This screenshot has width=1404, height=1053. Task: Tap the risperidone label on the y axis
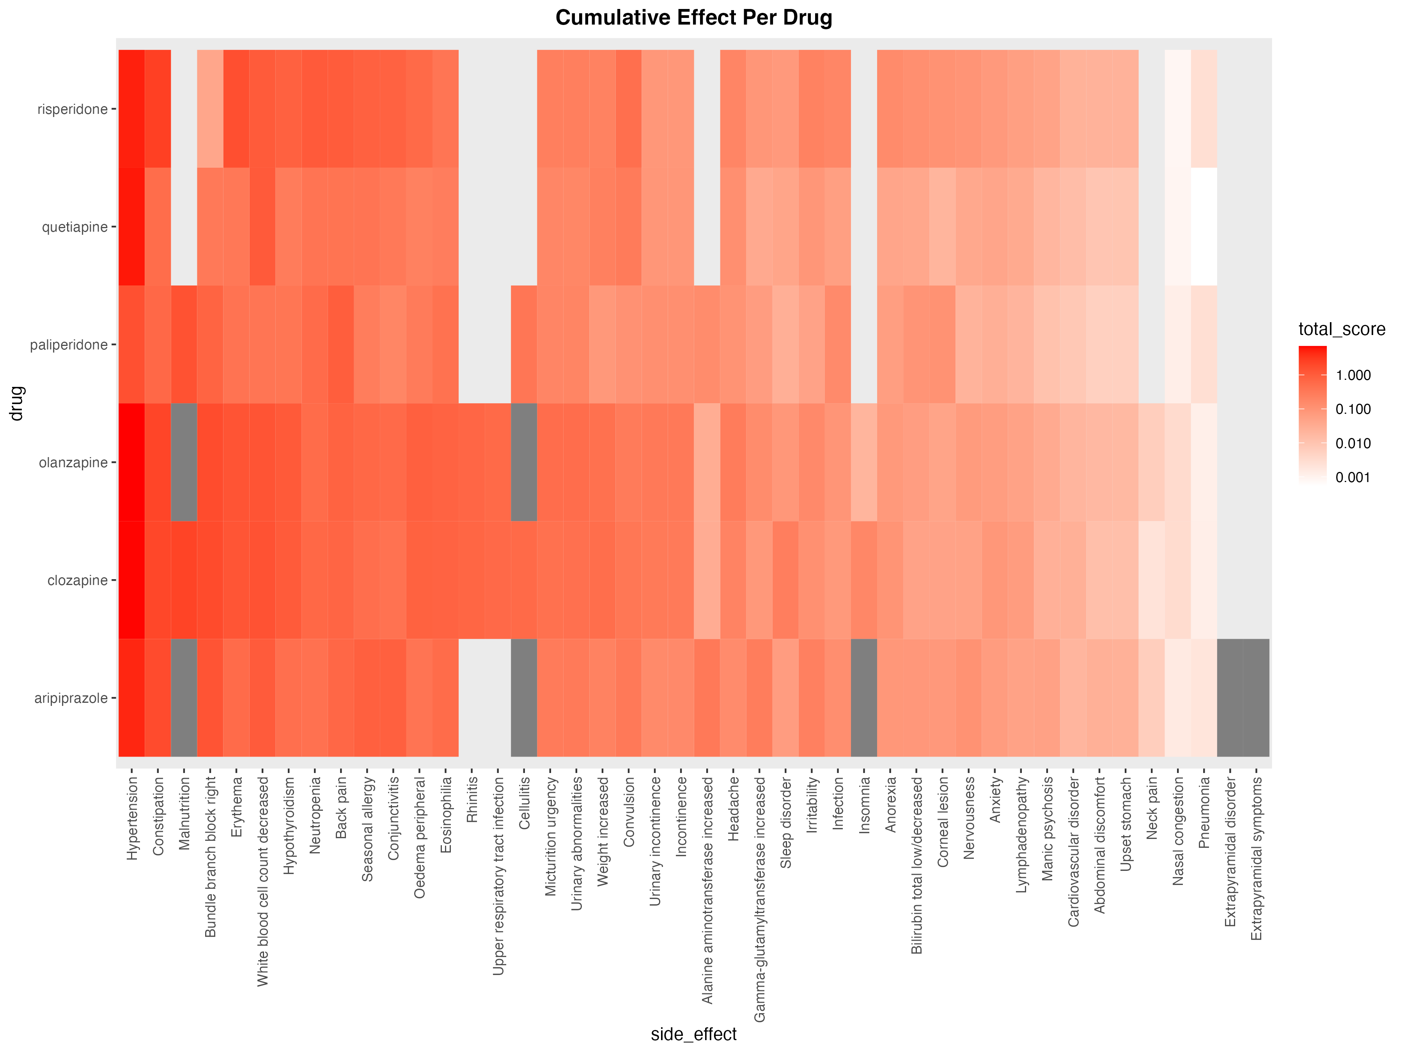tap(73, 109)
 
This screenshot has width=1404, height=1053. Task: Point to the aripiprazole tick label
tap(71, 698)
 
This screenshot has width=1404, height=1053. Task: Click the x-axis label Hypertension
tap(132, 819)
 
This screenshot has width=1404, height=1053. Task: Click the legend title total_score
tap(1341, 330)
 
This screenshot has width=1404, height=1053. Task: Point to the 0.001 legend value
tap(1353, 477)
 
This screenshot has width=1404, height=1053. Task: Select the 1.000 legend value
tap(1353, 375)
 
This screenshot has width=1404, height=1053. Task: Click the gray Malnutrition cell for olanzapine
tap(184, 462)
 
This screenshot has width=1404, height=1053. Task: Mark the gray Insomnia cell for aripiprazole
tap(864, 698)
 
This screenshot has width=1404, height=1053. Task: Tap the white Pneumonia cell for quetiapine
tap(1204, 227)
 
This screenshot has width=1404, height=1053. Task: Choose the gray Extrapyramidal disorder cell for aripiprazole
tap(1230, 698)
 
